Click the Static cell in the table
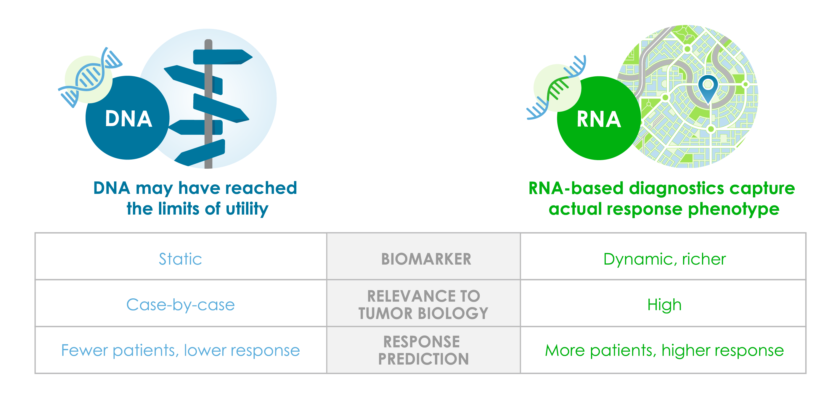tap(180, 259)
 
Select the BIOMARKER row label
tap(426, 259)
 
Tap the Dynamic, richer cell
tap(665, 259)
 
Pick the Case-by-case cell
tap(181, 305)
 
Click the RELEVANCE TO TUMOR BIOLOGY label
tap(423, 304)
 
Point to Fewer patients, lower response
tap(181, 350)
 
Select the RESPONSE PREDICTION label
tap(423, 350)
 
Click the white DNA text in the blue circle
tap(128, 119)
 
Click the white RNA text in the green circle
tap(599, 119)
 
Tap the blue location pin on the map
tap(708, 88)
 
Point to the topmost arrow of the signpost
tap(223, 57)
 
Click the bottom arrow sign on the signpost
tap(200, 153)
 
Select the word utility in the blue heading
tap(247, 209)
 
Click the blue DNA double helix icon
tap(90, 78)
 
